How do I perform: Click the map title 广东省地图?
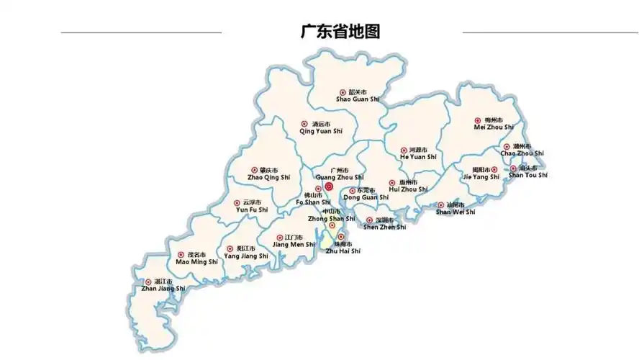(340, 32)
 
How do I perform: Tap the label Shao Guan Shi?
(358, 100)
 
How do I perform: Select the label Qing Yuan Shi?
(321, 131)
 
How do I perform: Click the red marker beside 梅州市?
(477, 120)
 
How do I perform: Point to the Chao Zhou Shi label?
(522, 153)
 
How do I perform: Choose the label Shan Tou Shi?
(528, 175)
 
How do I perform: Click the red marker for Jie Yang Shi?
(494, 170)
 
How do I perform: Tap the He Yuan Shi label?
(418, 157)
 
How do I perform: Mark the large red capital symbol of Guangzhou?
(329, 186)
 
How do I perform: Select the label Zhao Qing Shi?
(268, 177)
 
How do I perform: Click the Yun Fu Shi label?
(252, 210)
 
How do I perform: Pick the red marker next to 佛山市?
(318, 189)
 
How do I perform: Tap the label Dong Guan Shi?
(366, 197)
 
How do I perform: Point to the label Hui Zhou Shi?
(408, 189)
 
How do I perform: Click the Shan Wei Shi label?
(456, 212)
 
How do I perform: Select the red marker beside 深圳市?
(369, 220)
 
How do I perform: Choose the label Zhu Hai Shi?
(343, 251)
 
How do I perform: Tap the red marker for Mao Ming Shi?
(181, 255)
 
